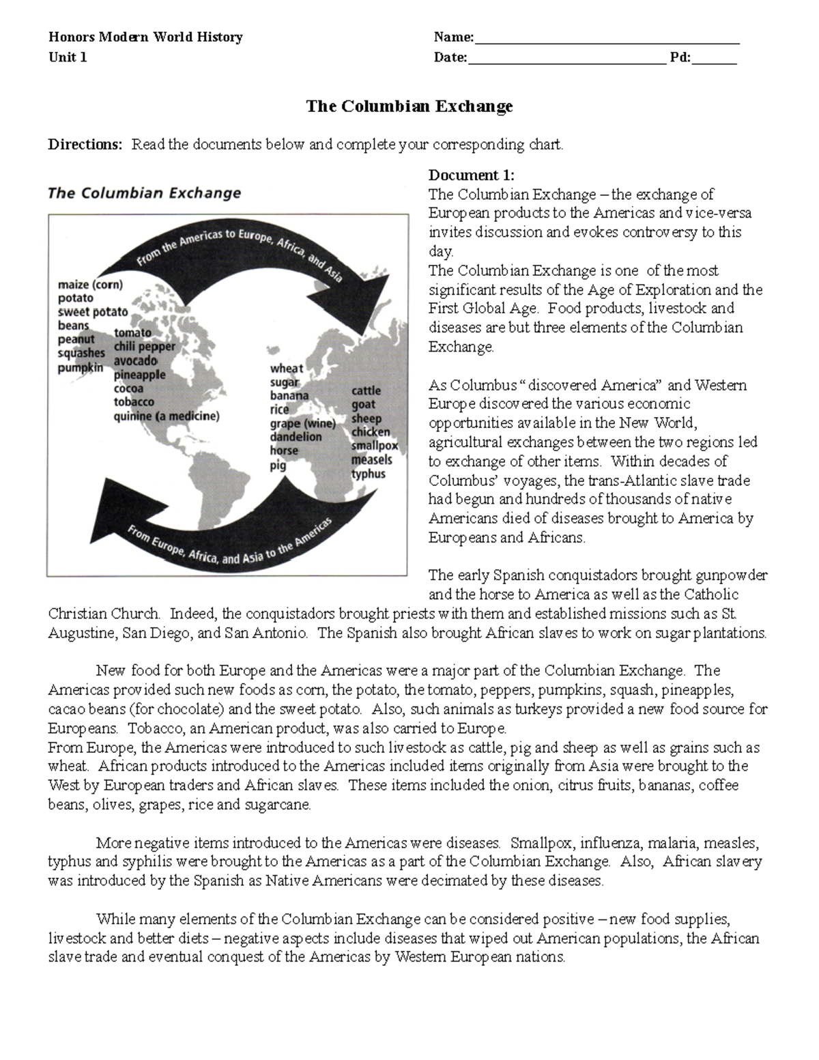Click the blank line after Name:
coord(607,39)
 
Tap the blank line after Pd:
coord(714,59)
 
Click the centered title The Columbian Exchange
coord(409,106)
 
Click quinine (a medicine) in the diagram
coord(167,416)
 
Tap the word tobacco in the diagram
coord(134,402)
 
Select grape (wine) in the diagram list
coord(302,423)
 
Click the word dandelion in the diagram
coord(296,437)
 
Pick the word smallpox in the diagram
coord(374,446)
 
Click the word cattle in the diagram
coord(366,390)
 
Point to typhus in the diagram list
coord(369,474)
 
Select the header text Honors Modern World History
coord(145,37)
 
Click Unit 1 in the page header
coord(68,57)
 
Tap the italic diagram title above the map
coord(144,193)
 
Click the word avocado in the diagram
coord(135,360)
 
